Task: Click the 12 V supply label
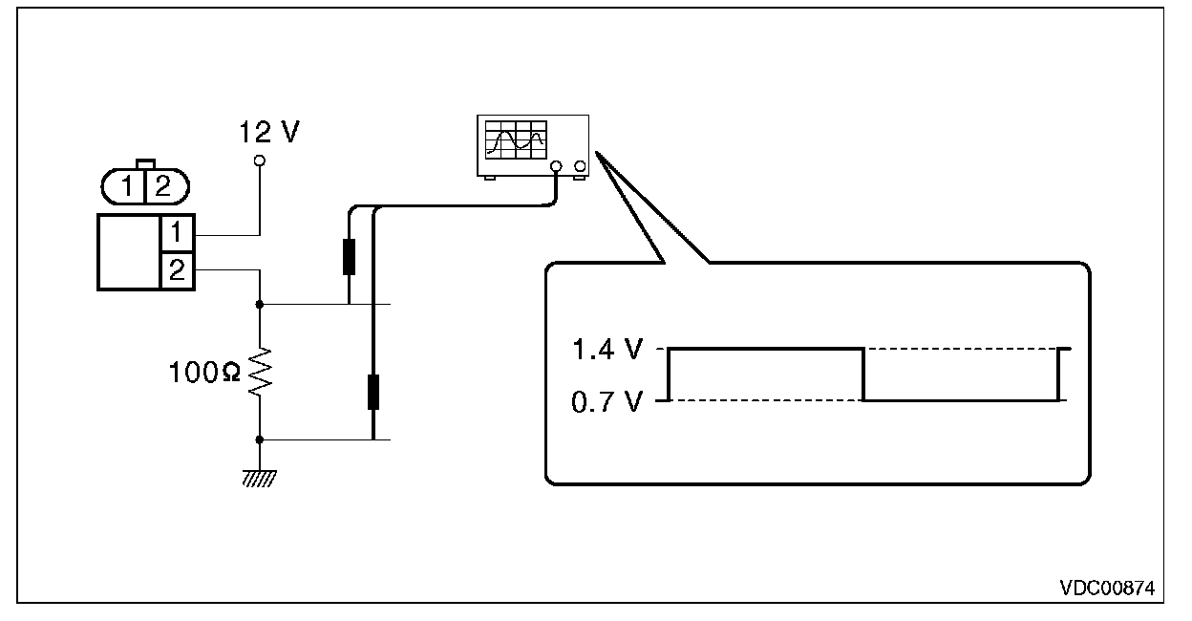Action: [x=269, y=132]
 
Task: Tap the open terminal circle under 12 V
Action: [x=260, y=161]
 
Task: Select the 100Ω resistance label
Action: [x=204, y=372]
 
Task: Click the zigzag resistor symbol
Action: [x=260, y=372]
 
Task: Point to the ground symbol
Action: [x=260, y=479]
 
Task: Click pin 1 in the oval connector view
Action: [x=127, y=186]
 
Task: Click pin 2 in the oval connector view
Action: [x=162, y=186]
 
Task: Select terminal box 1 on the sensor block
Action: [x=177, y=233]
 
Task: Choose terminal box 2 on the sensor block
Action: [x=177, y=271]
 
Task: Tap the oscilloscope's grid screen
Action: [x=516, y=139]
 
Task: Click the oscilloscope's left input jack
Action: [x=556, y=166]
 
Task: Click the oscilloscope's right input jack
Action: [x=580, y=166]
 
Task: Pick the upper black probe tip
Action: [x=349, y=257]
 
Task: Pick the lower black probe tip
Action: [x=373, y=392]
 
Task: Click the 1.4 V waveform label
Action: [x=607, y=350]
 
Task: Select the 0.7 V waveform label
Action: [x=607, y=402]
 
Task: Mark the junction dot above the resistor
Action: [x=260, y=305]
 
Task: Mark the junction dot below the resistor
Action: [x=260, y=440]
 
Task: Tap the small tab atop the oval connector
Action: [x=145, y=164]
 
